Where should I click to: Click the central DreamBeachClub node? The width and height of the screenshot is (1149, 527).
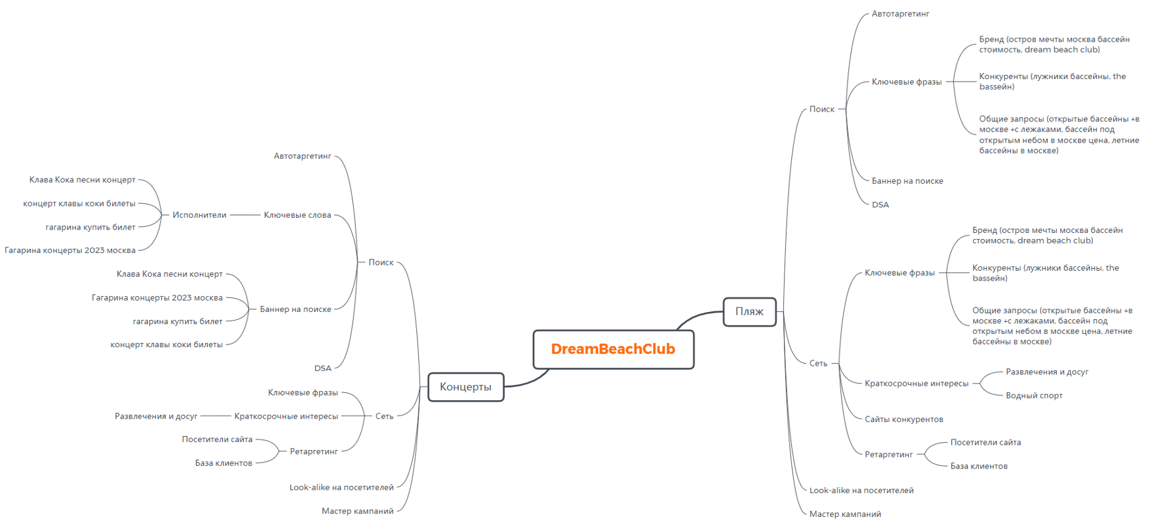[613, 349]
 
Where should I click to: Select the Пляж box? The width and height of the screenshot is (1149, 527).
[749, 311]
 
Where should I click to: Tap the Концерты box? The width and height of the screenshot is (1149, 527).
[465, 387]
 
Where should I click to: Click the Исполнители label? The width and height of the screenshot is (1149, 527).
[199, 215]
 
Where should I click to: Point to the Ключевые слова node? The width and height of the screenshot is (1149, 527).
[297, 215]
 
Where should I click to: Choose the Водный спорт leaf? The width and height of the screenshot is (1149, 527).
[1034, 396]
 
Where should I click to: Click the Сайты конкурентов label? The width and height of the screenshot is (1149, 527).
[903, 419]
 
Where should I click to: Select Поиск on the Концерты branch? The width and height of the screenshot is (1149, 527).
[381, 262]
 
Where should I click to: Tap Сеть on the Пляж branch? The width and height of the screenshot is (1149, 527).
[818, 363]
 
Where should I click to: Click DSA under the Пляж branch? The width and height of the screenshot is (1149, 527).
[880, 204]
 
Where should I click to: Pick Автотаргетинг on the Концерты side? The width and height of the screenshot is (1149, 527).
[302, 156]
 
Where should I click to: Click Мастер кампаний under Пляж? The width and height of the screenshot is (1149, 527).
[845, 514]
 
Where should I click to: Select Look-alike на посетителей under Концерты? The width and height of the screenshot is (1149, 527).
[341, 487]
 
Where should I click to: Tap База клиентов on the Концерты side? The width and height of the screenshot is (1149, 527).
[224, 463]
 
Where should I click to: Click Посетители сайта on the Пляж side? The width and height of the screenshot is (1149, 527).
[985, 442]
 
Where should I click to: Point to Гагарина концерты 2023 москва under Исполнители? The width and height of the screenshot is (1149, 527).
[70, 250]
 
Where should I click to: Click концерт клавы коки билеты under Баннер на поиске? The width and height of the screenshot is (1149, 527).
[166, 344]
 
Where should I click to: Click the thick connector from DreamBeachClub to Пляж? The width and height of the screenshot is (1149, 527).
[697, 315]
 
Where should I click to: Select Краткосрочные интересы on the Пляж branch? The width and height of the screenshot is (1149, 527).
[916, 383]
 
